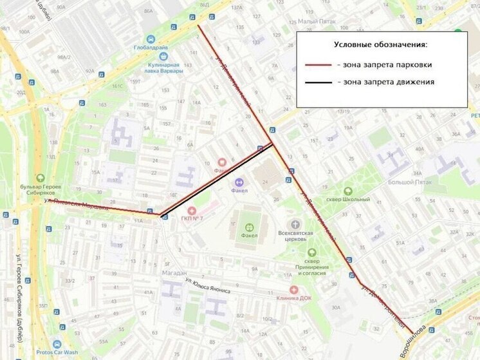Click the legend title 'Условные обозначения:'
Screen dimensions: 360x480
381,44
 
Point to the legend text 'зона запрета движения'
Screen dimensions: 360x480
389,82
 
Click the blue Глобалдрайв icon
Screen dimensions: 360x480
151,39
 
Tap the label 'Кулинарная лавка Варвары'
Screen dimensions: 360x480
163,68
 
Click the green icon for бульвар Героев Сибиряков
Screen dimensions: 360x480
41,178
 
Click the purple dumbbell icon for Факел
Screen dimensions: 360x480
239,182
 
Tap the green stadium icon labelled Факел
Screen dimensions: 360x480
249,227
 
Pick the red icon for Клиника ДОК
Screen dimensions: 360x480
294,289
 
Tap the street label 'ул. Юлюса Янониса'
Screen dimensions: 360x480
207,285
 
